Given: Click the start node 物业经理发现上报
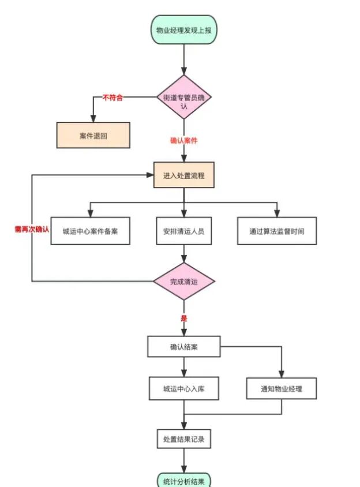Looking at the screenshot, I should coord(183,30).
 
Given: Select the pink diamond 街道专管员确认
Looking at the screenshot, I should coord(184,98).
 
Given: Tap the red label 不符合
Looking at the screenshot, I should coord(112,98).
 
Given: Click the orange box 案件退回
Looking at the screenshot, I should coord(93,136).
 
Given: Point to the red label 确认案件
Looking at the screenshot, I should coord(183,140).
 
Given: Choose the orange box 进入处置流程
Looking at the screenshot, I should coord(183,175).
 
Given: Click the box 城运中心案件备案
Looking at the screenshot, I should coord(89,231).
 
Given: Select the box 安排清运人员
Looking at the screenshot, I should coord(183,231).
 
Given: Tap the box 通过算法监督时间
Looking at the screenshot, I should coord(277,231).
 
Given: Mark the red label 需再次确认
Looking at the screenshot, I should coord(32,229).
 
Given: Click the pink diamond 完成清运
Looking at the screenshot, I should coord(183,282).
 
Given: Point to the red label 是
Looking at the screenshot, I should coord(183,318).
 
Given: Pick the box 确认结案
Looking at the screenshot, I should coord(183,347).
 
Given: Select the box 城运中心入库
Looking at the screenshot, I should coord(183,389).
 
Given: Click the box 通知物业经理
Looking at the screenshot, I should coord(282,389).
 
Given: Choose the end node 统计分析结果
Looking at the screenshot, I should coord(183,480).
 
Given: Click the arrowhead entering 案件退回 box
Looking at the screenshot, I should coord(93,118).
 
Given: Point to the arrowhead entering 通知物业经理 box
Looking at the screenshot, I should coord(282,374).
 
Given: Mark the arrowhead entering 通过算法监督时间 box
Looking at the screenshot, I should coord(277,213).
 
